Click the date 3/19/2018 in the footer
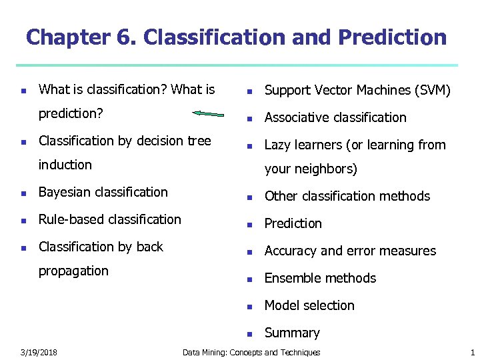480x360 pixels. coord(38,352)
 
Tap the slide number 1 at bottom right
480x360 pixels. coord(472,352)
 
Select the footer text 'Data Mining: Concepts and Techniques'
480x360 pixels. coord(251,352)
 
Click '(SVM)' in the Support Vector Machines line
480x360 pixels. coord(431,90)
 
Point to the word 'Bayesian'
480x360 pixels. coord(65,192)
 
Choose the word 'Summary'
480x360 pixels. coord(292,333)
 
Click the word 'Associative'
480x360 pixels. coord(297,117)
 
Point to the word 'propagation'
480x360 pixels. coord(73,271)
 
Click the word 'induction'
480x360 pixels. coord(65,165)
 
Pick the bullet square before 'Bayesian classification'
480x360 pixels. coord(23,193)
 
